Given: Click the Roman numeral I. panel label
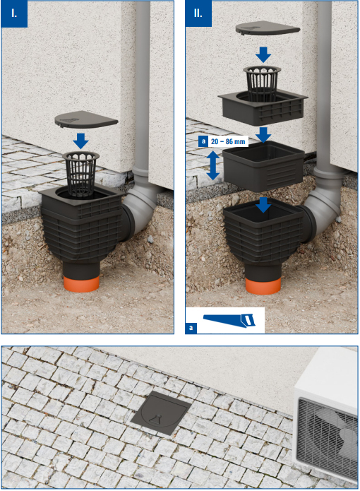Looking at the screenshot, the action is coord(14,13).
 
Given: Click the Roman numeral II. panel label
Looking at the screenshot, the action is coord(198,13).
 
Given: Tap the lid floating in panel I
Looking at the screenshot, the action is coord(86,119).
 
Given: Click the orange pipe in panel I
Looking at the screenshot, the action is coord(81,284).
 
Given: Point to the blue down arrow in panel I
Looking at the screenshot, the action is coord(80,141).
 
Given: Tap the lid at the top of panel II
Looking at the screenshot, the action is coord(268,28).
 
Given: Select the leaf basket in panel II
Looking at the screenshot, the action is coord(262,82).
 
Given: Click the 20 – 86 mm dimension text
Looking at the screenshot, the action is coord(228,141).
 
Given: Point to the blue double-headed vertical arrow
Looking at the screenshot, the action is coord(213,165).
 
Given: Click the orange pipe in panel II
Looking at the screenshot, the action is coord(263,286).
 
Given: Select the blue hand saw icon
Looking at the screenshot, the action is coord(229,321).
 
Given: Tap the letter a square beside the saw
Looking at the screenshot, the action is coord(191,328).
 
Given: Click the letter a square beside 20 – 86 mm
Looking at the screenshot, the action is coord(203,141).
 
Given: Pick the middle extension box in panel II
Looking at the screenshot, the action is coord(263,166).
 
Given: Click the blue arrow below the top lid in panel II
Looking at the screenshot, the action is coord(263,54).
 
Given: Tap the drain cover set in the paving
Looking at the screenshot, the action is coord(161,413).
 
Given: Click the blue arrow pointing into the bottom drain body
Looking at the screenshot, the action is coord(263,205).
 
